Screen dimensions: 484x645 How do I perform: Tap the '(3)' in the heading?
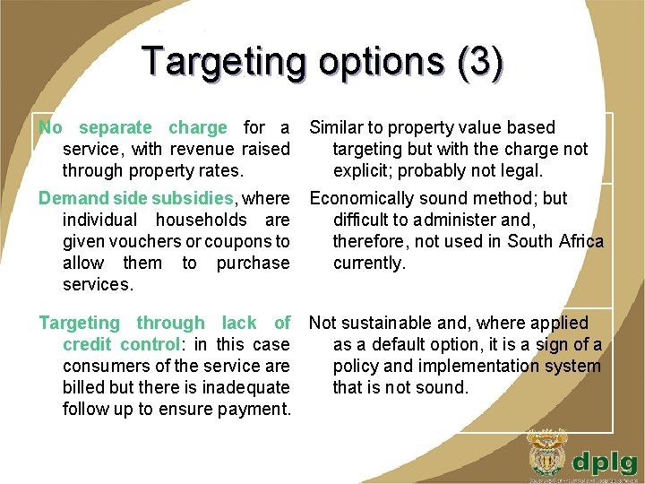click(x=479, y=62)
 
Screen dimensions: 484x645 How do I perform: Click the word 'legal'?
click(x=519, y=170)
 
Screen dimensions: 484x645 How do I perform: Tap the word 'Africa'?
click(x=580, y=241)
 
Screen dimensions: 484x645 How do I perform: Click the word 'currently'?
click(x=368, y=263)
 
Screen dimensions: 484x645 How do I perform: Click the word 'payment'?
click(x=253, y=409)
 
